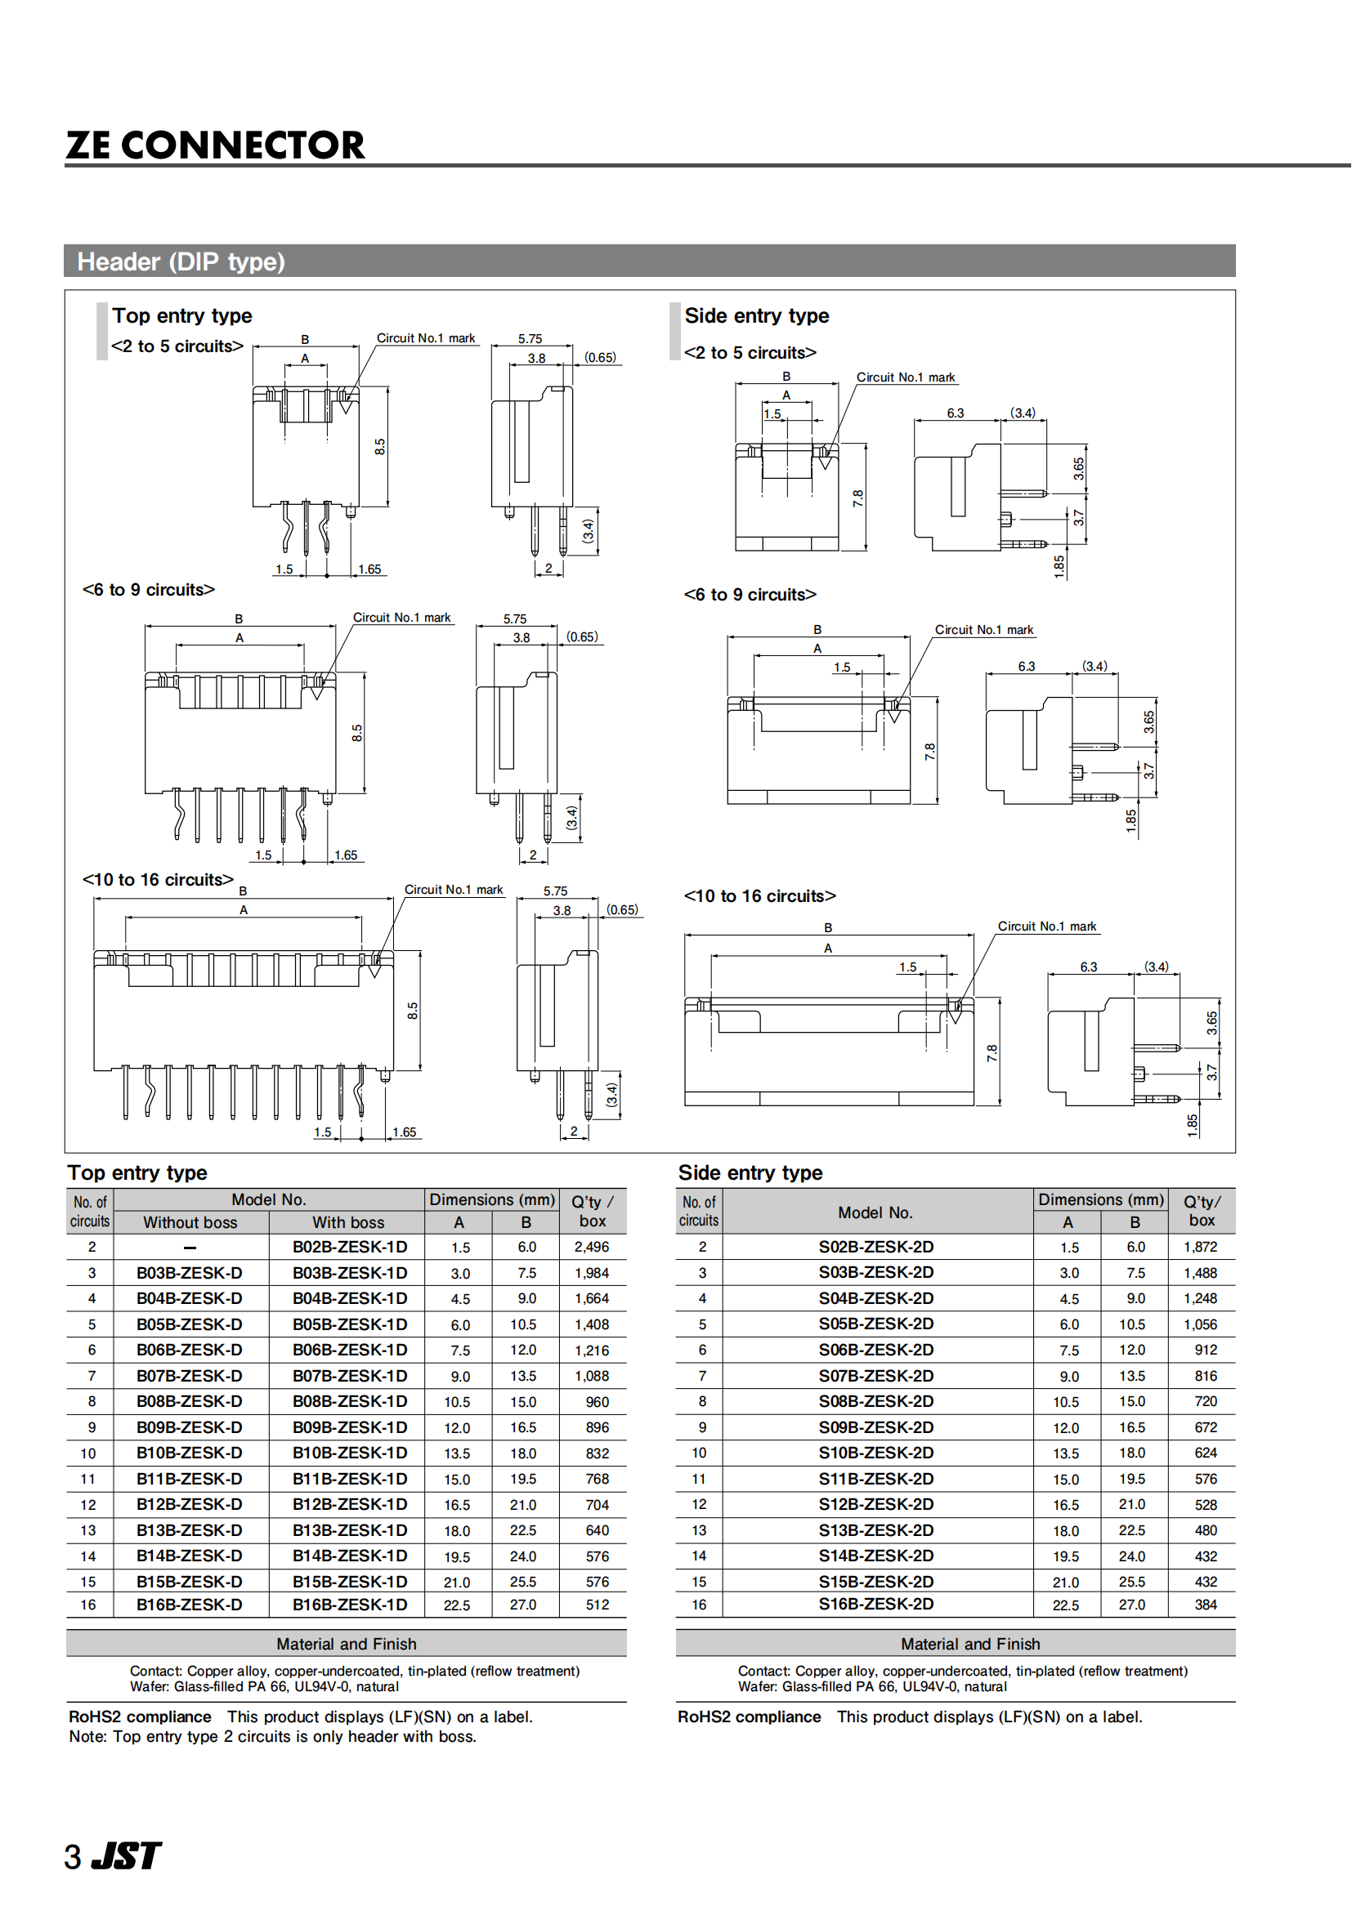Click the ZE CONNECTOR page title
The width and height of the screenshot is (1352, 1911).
(x=215, y=145)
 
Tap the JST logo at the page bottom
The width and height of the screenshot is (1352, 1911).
(x=126, y=1855)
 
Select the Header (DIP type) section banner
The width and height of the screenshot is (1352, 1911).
(x=649, y=261)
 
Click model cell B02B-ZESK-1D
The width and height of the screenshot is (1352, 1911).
(x=349, y=1247)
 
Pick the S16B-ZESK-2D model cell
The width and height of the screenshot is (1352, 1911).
(x=875, y=1604)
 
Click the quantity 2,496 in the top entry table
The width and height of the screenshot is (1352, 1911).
(x=591, y=1247)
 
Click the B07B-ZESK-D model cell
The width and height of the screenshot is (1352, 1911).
(x=189, y=1376)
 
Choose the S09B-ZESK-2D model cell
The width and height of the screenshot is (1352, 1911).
(x=875, y=1427)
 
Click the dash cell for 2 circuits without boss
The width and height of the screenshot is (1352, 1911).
(x=190, y=1247)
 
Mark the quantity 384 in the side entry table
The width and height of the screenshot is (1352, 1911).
(x=1205, y=1605)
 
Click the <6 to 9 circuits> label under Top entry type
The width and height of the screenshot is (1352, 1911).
(x=148, y=589)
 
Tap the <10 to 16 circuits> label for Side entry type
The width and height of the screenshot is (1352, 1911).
(x=759, y=895)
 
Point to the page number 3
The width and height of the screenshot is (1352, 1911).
(x=74, y=1857)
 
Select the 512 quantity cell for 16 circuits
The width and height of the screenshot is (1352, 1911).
(x=597, y=1605)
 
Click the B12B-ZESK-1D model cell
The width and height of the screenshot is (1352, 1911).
(x=349, y=1504)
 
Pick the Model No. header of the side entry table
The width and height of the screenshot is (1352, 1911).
(x=875, y=1212)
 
